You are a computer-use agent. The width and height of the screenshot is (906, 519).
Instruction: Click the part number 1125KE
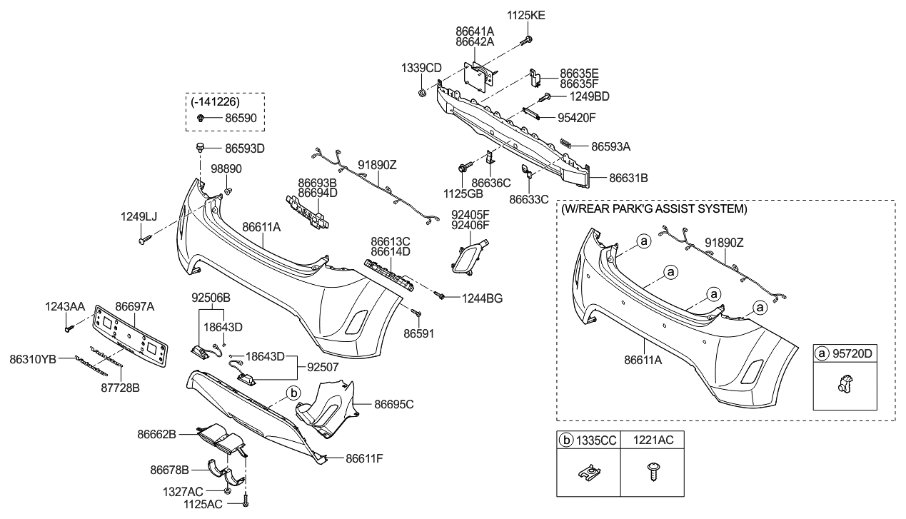tap(525, 14)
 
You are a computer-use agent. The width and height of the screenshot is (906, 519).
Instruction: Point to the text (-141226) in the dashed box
tap(215, 102)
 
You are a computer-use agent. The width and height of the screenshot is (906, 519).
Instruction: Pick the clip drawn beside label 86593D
tap(201, 149)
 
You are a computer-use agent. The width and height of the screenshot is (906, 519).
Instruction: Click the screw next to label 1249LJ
tap(143, 242)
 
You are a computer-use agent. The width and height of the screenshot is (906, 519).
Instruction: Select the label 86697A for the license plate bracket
tap(135, 306)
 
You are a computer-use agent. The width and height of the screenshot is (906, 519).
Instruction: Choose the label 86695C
tap(394, 404)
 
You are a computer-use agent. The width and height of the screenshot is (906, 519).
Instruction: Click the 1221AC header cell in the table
tap(653, 440)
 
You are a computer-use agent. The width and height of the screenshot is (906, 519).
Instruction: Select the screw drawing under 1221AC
tap(652, 473)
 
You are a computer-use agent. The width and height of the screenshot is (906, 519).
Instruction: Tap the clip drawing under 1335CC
tap(587, 472)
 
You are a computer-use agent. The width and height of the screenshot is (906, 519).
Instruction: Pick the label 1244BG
tap(482, 298)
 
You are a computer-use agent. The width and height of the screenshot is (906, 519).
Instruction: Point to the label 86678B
tap(169, 470)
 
